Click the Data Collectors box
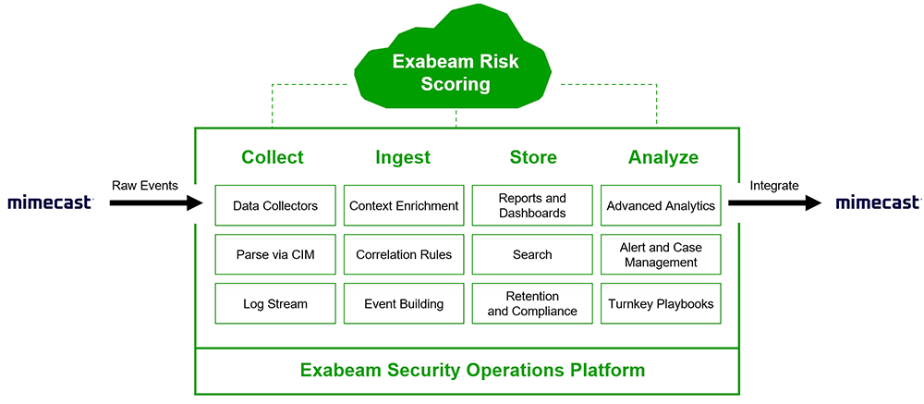pos(274,205)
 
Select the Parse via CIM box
pos(274,254)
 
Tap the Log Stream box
pos(274,303)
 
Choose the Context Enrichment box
pos(404,205)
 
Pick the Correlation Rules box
pos(404,254)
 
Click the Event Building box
pos(404,303)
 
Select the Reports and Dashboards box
pos(532,205)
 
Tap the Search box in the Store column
pos(532,254)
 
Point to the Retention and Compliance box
pos(532,303)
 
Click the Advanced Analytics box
pos(661,205)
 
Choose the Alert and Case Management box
pos(661,254)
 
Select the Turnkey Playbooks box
pos(661,303)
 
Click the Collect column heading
pos(273,157)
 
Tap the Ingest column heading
pos(403,157)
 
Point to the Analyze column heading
pos(663,157)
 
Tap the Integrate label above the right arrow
pos(773,185)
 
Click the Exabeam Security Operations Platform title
pos(472,371)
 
